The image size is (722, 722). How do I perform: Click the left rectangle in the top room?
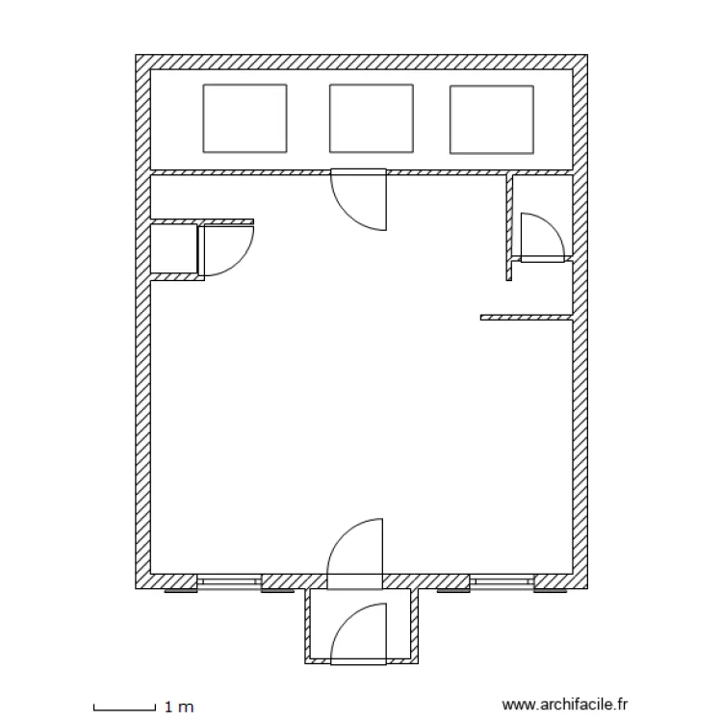(245, 118)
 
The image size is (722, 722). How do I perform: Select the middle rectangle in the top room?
(372, 118)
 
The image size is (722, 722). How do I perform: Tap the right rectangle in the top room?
(491, 118)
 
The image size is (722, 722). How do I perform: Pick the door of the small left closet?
(227, 248)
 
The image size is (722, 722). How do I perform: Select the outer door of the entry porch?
(358, 633)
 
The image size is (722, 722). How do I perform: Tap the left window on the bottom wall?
(229, 581)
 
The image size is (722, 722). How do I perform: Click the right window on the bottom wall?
(502, 581)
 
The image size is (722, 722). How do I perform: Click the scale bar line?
(124, 709)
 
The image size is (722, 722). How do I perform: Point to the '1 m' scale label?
(180, 707)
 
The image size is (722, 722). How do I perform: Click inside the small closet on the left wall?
(174, 250)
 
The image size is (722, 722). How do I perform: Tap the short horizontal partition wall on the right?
(526, 317)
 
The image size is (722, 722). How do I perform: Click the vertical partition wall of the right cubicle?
(509, 227)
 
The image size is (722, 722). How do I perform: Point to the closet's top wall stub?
(202, 221)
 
